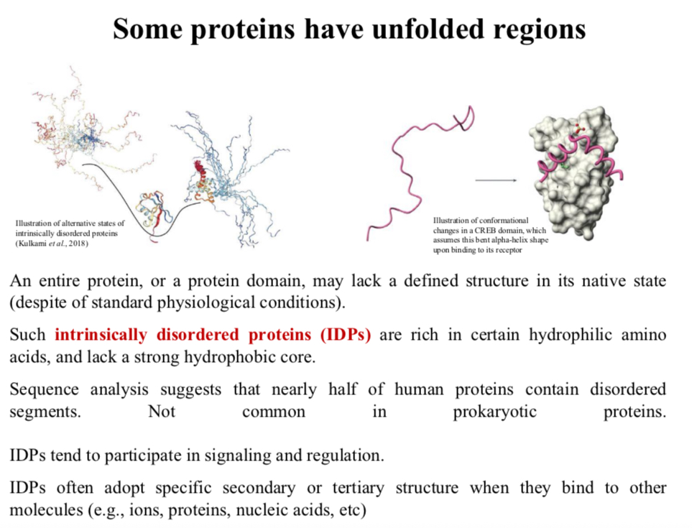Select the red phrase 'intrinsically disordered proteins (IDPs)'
213,335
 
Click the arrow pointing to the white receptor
496,180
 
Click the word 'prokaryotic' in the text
494,412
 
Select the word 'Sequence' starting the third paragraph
44,389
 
